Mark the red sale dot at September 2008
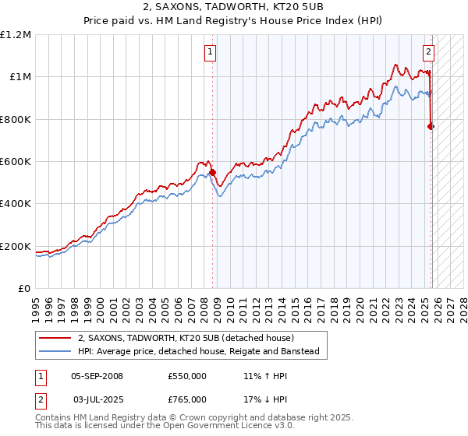point(212,172)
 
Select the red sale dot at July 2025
point(431,126)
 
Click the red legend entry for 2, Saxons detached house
point(185,338)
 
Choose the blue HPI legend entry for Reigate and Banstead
point(198,351)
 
